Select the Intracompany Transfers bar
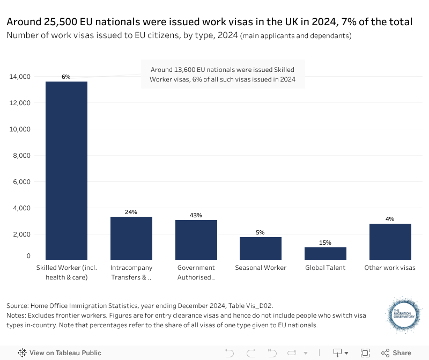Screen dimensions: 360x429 131,238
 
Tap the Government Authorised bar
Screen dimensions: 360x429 196,240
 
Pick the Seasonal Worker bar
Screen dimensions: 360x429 261,248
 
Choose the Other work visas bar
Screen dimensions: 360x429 390,242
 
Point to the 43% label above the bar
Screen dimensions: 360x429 196,215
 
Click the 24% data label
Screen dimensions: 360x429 131,212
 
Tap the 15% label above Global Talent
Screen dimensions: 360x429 326,243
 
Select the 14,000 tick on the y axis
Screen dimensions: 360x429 20,77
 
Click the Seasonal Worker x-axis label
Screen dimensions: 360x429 261,268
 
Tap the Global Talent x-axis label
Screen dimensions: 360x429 326,268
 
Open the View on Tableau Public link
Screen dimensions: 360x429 60,353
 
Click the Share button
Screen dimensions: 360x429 396,353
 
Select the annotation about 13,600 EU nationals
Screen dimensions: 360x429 223,75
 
